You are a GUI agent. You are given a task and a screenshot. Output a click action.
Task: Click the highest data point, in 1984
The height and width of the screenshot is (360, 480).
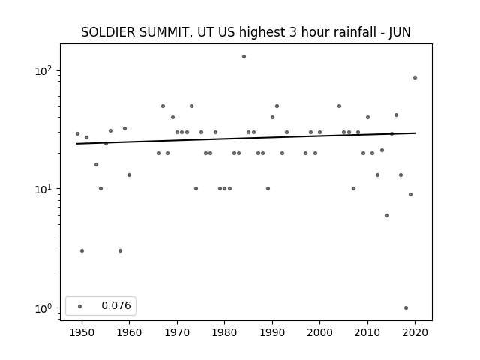click(244, 57)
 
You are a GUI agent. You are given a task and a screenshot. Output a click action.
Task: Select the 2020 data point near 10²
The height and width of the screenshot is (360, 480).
click(415, 78)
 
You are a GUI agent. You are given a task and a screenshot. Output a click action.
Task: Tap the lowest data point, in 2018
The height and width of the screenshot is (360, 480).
click(406, 308)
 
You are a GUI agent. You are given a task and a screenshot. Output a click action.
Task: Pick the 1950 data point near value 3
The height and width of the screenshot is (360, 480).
click(82, 251)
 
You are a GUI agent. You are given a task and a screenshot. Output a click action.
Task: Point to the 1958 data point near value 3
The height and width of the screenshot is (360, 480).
click(120, 251)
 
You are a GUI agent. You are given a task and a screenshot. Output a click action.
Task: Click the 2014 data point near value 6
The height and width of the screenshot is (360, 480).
click(387, 216)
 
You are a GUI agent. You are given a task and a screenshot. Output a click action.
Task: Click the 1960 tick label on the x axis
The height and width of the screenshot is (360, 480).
click(129, 332)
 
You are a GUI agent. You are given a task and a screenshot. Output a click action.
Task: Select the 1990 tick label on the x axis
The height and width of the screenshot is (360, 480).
click(272, 332)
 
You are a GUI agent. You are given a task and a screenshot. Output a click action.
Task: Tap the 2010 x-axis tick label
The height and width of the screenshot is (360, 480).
click(367, 332)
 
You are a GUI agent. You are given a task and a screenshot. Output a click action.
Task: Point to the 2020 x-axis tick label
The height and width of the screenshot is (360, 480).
click(415, 332)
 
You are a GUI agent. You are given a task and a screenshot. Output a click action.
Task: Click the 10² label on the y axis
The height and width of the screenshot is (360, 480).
click(43, 70)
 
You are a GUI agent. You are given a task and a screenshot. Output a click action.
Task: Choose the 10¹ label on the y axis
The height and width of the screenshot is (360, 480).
click(43, 189)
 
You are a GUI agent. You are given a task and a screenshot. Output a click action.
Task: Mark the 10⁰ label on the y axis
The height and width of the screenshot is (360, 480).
click(43, 308)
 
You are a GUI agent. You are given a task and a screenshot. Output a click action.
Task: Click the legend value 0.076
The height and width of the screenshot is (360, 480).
click(116, 305)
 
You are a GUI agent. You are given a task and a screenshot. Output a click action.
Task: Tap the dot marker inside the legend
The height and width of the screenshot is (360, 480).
click(80, 307)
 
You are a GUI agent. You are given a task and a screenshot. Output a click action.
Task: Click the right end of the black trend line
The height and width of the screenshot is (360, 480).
click(415, 133)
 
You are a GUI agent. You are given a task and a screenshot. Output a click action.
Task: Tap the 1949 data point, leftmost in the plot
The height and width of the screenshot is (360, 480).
click(77, 134)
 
